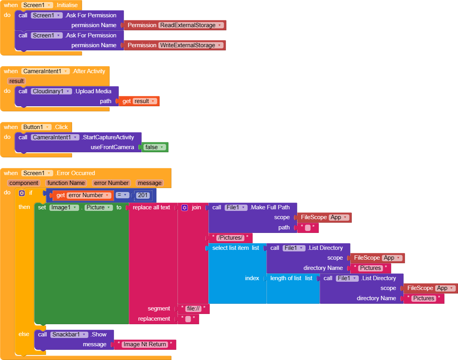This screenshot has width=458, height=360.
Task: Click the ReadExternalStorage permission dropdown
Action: (191, 25)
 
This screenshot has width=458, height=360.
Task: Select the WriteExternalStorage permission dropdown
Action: (191, 45)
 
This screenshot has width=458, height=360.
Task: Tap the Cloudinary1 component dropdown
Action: (52, 91)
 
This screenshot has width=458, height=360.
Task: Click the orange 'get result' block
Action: (139, 101)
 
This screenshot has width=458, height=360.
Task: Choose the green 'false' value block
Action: (155, 147)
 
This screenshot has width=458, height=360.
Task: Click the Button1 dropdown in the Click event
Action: (37, 127)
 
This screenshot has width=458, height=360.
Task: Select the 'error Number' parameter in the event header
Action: (111, 183)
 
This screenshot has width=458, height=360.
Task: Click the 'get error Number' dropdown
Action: (89, 195)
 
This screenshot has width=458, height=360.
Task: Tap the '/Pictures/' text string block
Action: (230, 238)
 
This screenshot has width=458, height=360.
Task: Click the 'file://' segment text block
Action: (194, 309)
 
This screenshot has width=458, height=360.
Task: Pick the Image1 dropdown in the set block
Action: (64, 207)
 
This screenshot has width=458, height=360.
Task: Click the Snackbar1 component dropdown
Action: (69, 334)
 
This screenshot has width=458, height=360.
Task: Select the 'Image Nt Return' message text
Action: (145, 345)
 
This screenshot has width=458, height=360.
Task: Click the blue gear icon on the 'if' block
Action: (22, 193)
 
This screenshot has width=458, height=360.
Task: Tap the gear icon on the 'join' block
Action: (185, 207)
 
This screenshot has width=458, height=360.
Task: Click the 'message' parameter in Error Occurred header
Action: (150, 183)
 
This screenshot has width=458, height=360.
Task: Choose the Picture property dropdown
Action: (99, 207)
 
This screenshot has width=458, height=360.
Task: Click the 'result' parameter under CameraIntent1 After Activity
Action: (17, 81)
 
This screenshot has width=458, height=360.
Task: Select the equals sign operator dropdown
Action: (122, 195)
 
